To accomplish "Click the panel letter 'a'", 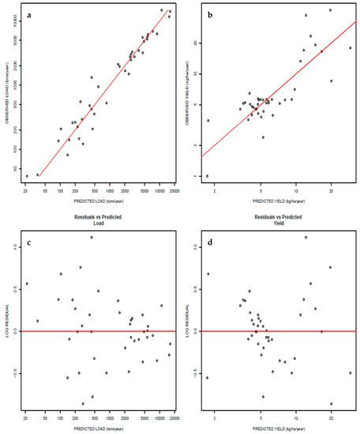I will (29, 14).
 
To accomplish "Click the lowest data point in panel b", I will (207, 176).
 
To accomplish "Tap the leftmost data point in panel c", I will (26, 284).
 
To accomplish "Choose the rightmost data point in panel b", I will (351, 48).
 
